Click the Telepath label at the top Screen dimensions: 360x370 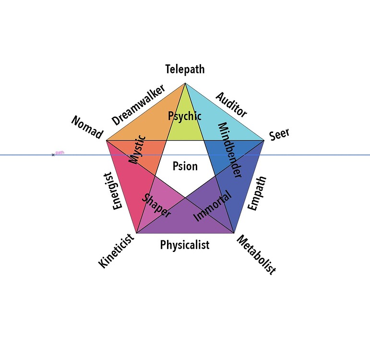(x=185, y=69)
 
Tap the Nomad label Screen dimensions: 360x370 (x=87, y=127)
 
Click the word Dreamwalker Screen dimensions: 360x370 (x=138, y=105)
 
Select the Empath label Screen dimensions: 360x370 (x=257, y=193)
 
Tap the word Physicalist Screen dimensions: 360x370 (x=185, y=245)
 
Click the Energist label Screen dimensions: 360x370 (x=117, y=191)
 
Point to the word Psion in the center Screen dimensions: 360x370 (x=185, y=167)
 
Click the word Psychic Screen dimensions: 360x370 (x=185, y=116)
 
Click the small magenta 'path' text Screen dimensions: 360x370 (x=60, y=153)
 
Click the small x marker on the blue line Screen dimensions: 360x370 (x=53, y=155)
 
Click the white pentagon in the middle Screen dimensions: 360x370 (x=185, y=158)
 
